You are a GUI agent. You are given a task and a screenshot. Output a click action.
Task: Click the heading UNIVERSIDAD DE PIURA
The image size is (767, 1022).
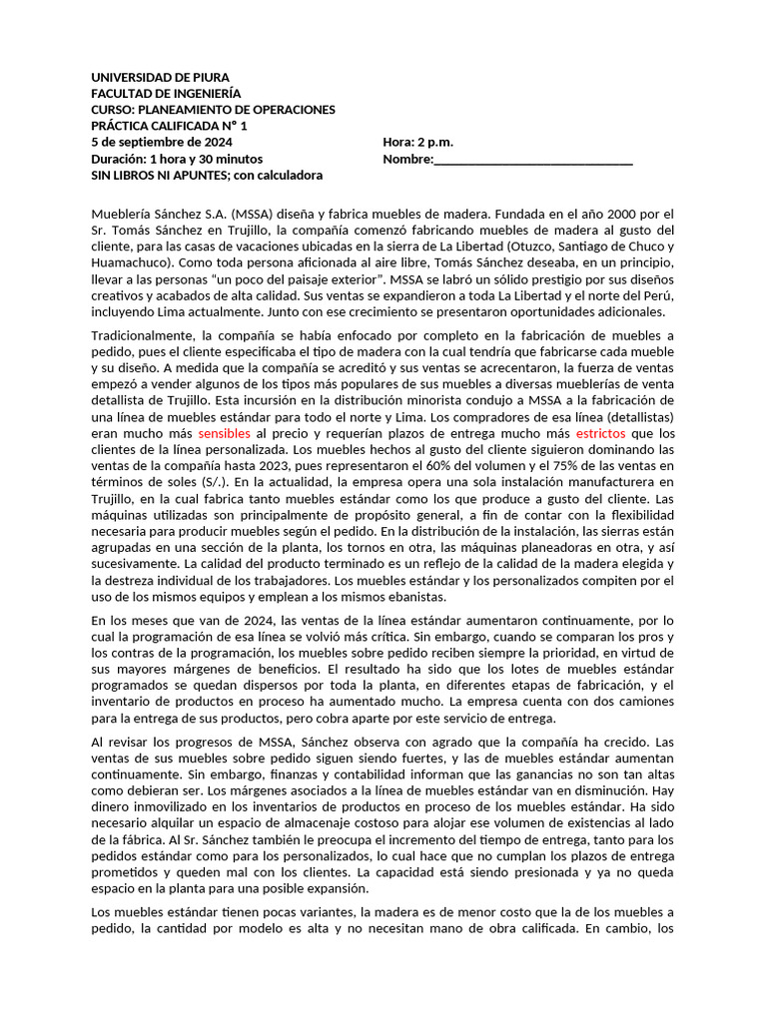160,77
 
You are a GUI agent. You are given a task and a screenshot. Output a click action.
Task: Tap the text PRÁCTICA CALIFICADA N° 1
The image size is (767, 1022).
169,126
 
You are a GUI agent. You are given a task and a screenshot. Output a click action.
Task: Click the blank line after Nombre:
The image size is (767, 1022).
533,159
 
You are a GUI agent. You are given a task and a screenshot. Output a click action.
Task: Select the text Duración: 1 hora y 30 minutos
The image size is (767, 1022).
177,159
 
